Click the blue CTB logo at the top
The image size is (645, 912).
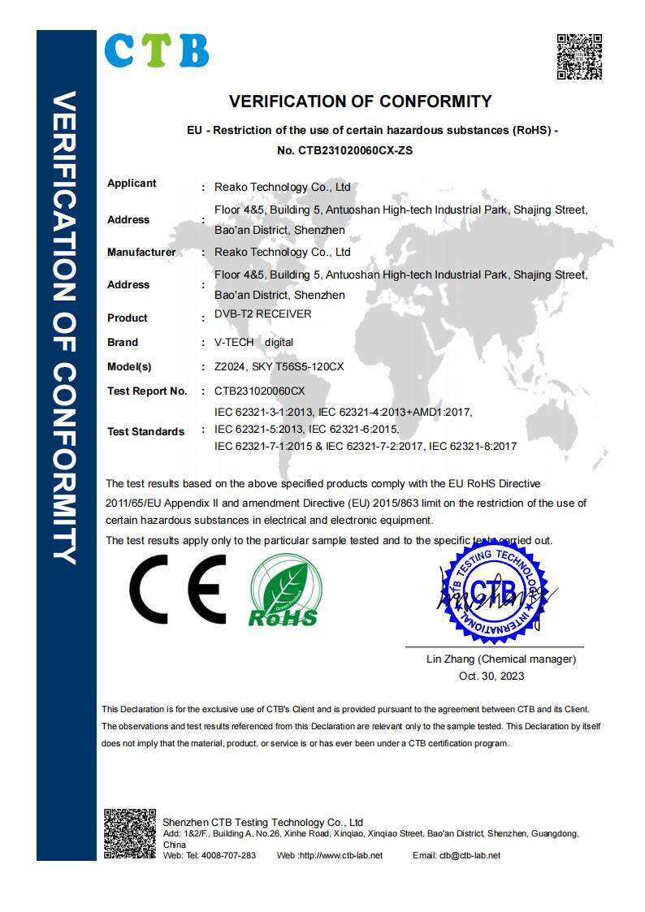tap(157, 50)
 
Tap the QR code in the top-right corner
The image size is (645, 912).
tap(579, 56)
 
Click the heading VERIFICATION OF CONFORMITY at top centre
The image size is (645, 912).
tap(360, 102)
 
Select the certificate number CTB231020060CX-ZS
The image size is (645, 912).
tap(339, 150)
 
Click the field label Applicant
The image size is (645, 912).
tap(132, 184)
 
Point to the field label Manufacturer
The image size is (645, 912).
tap(141, 253)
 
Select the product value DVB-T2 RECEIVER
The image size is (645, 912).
tap(262, 313)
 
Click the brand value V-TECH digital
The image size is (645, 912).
tap(253, 343)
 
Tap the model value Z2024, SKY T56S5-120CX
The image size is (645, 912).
tap(279, 367)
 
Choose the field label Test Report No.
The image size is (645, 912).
tap(147, 391)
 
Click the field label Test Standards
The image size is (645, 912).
tap(145, 432)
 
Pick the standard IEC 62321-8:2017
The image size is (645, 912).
tap(473, 446)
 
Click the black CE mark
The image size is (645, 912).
tap(179, 589)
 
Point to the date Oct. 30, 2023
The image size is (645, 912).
tap(491, 676)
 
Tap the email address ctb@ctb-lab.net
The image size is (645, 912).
tap(470, 855)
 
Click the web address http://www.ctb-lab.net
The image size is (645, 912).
tap(340, 855)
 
